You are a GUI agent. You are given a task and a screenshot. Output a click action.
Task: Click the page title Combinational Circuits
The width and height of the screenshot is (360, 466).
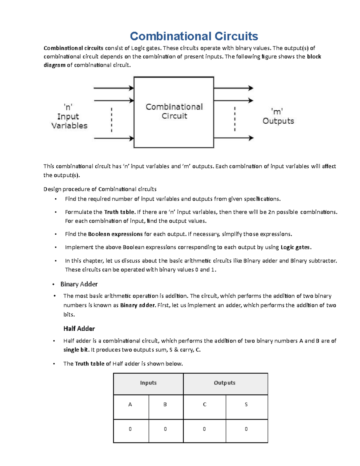point(194,36)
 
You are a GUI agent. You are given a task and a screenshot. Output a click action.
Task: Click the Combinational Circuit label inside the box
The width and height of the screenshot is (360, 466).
point(174,111)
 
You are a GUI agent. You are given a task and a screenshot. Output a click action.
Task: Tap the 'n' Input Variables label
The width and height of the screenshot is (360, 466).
point(69,116)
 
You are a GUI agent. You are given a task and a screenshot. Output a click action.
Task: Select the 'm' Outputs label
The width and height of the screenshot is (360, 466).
point(278,116)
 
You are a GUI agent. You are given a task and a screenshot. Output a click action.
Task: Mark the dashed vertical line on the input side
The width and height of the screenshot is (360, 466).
point(112,120)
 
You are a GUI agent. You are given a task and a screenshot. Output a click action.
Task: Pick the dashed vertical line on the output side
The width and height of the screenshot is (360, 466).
point(235,119)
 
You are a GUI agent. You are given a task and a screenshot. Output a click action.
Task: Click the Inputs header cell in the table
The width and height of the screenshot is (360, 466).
point(148,383)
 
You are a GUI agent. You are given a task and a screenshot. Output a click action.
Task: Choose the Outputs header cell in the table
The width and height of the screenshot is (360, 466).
point(225,383)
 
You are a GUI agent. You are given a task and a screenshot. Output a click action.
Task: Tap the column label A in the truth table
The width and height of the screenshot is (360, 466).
point(130,404)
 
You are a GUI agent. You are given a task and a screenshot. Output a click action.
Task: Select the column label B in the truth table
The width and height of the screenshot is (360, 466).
point(165,404)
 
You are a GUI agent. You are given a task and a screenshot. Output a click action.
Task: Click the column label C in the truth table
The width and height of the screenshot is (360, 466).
point(205,404)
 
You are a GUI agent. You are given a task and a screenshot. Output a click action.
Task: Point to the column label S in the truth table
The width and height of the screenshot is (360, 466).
point(246,404)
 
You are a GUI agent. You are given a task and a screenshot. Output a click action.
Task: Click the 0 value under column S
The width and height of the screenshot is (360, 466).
point(246,429)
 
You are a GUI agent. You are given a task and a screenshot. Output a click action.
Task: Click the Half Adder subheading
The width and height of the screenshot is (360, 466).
point(79,329)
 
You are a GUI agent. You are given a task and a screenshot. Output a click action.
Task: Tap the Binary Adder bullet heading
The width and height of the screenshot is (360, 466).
point(79,284)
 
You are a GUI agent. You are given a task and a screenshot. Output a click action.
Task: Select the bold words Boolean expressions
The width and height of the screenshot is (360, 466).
point(115,234)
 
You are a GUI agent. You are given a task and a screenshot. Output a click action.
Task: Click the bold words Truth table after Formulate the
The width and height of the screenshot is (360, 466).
point(119,212)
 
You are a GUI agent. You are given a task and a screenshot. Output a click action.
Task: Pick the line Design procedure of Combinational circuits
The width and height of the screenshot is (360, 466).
point(100,189)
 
